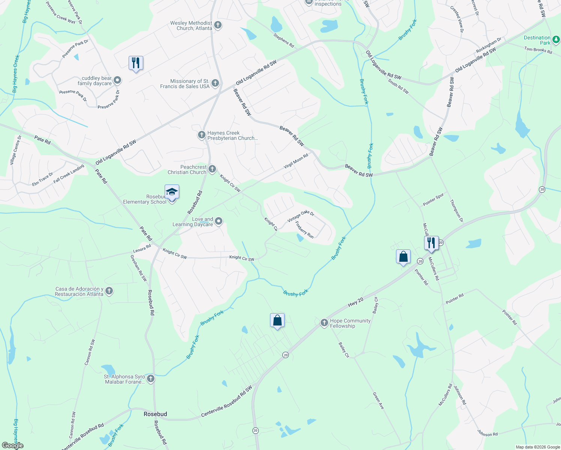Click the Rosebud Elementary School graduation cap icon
click(x=172, y=192)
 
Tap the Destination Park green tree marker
click(x=556, y=39)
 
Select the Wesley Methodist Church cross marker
click(x=218, y=25)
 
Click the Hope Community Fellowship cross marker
click(x=324, y=323)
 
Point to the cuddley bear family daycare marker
click(x=117, y=80)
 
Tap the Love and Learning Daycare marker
click(x=219, y=222)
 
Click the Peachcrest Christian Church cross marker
click(x=212, y=169)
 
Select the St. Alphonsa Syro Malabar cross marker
click(x=151, y=379)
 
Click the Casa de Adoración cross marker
click(x=109, y=291)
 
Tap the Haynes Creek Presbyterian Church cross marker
click(x=202, y=135)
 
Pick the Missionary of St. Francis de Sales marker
click(x=215, y=83)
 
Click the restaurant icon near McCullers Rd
click(x=431, y=243)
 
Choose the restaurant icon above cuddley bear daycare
click(x=136, y=63)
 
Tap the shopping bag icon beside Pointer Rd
click(x=403, y=257)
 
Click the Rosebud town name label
click(x=155, y=414)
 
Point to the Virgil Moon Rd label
click(x=296, y=161)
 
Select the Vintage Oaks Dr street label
click(x=301, y=216)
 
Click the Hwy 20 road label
click(x=355, y=302)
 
